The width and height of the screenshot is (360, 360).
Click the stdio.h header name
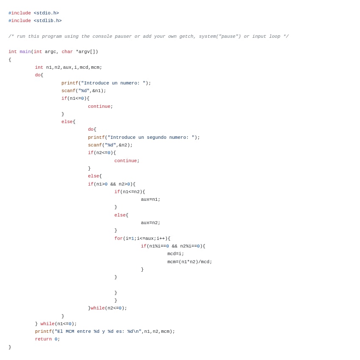click(46, 13)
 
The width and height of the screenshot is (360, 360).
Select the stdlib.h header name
click(48, 21)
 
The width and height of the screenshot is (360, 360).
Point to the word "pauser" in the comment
click(123, 36)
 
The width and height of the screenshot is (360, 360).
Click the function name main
click(25, 52)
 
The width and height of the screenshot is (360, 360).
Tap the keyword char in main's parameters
click(67, 52)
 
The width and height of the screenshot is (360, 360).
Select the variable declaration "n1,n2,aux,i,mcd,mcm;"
click(74, 67)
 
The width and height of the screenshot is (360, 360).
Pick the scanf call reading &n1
click(84, 91)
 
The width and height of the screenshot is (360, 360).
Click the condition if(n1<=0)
click(74, 98)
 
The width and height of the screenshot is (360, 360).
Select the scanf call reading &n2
click(110, 145)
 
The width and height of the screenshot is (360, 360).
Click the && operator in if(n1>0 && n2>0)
click(113, 184)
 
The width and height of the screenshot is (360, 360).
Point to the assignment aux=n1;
click(151, 199)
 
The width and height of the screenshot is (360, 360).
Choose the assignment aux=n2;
click(151, 223)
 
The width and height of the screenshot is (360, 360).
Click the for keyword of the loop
click(118, 238)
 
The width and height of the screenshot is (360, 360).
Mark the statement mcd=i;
click(176, 254)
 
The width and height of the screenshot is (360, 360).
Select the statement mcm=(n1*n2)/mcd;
click(190, 262)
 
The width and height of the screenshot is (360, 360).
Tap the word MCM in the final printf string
click(70, 331)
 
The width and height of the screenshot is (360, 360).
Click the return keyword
click(43, 339)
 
